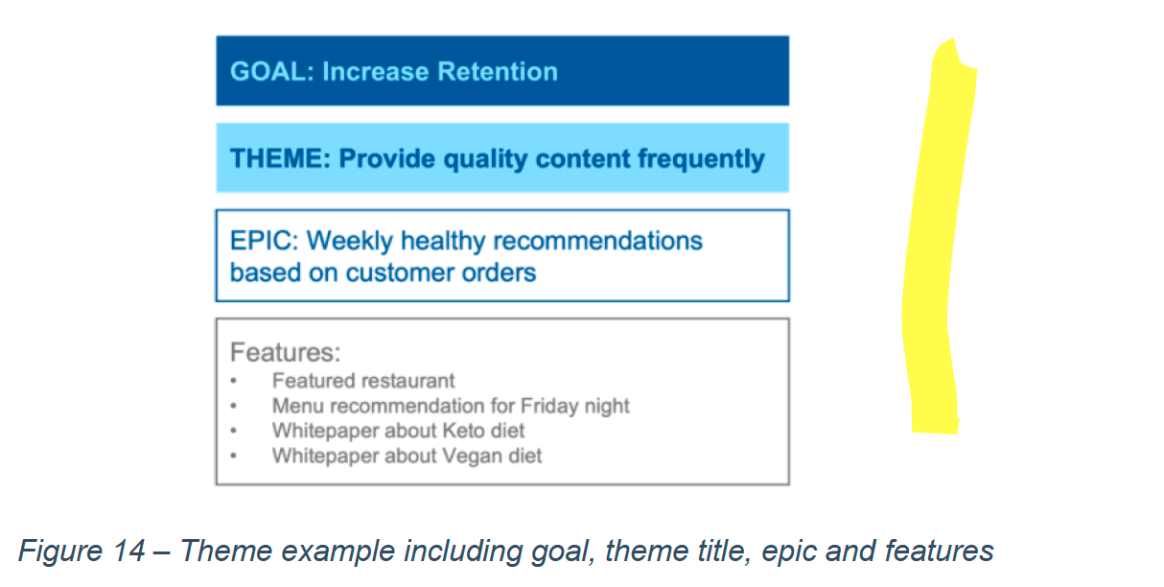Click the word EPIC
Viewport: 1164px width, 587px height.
[264, 241]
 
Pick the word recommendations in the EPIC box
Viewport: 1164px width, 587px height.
[597, 241]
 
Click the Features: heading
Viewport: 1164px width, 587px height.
[286, 352]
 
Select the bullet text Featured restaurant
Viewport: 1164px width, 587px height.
[363, 381]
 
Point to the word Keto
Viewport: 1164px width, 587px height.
[467, 431]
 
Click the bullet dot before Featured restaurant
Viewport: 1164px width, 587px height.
[234, 381]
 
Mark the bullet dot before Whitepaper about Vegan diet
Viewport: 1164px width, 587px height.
[234, 456]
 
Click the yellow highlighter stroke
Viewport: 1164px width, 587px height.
[933, 234]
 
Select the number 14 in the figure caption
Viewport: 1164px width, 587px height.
[128, 551]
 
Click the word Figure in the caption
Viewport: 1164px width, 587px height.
[60, 552]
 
